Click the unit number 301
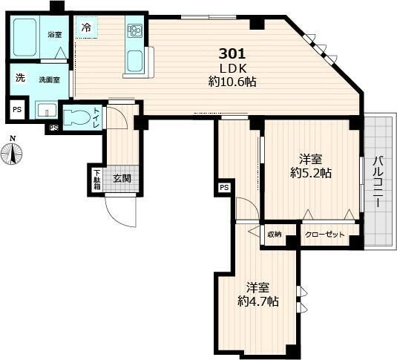(232, 54)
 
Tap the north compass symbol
(12, 151)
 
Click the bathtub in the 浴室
(24, 37)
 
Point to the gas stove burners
(134, 30)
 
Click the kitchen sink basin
(135, 62)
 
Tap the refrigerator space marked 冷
(86, 27)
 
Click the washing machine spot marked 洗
(20, 77)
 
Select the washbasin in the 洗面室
(46, 109)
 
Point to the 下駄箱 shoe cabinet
(97, 180)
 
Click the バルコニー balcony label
(379, 182)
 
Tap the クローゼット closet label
(325, 235)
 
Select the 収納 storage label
(275, 235)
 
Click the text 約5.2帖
(311, 173)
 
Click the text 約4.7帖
(258, 301)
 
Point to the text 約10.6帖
(232, 82)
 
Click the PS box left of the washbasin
(17, 110)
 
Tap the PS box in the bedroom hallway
(224, 188)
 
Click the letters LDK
(233, 68)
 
